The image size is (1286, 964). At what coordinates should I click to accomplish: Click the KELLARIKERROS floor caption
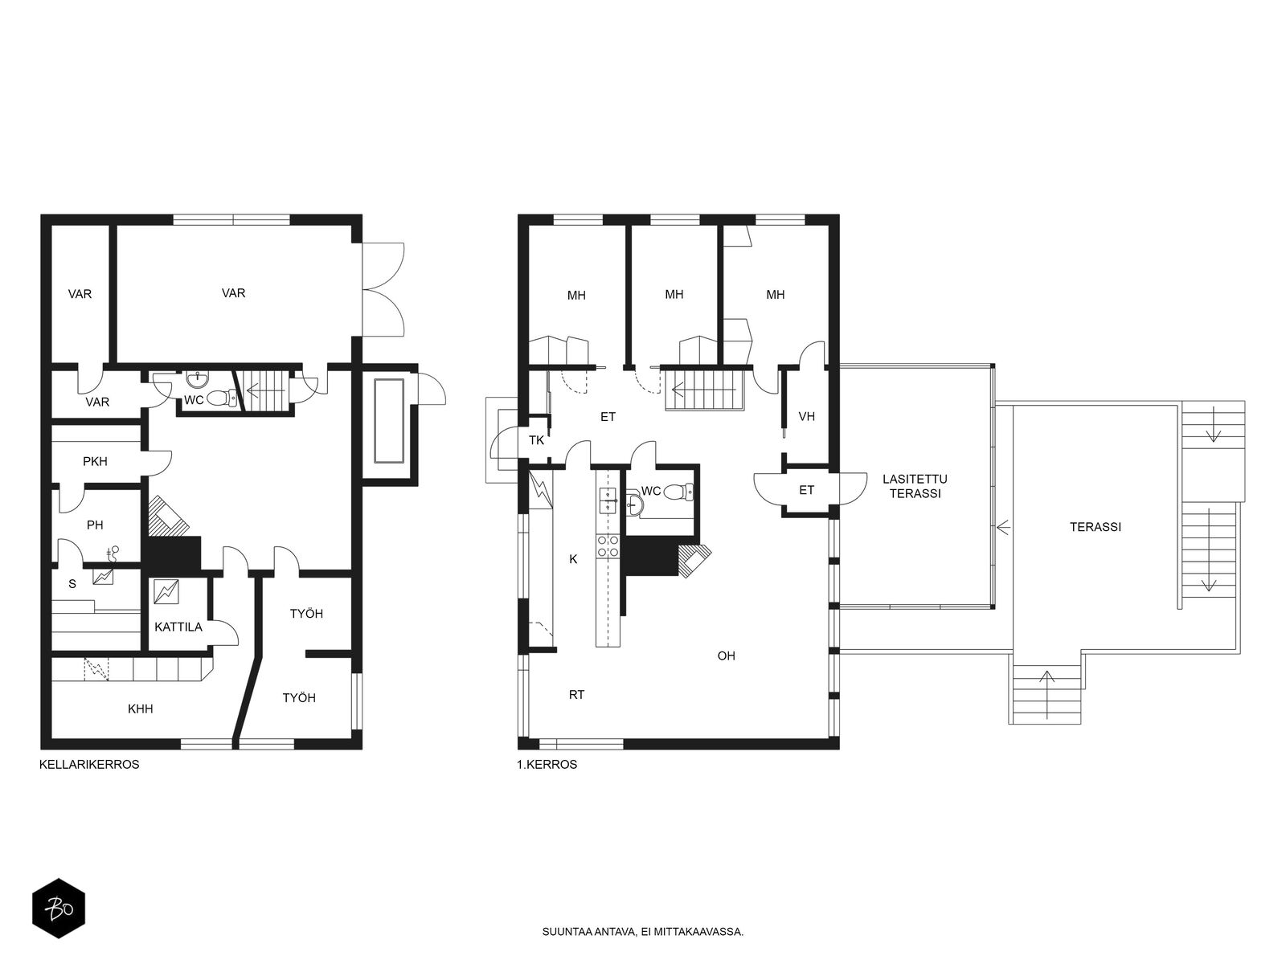89,765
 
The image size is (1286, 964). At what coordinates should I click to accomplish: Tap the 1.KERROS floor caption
547,765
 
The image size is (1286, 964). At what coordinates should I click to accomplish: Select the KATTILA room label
178,627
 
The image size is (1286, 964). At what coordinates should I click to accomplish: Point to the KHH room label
141,709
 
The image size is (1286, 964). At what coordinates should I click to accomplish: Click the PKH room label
95,461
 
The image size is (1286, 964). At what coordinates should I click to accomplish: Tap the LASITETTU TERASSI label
915,486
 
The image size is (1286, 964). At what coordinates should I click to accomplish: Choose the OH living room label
726,656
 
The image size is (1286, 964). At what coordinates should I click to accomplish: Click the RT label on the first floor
576,695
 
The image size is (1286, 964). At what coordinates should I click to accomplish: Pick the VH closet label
807,416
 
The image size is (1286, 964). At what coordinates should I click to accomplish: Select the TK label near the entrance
537,440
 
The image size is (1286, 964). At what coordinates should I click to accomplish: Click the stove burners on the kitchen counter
608,547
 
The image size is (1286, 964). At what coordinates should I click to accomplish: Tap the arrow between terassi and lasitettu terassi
1003,527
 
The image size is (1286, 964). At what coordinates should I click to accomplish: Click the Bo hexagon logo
59,909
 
